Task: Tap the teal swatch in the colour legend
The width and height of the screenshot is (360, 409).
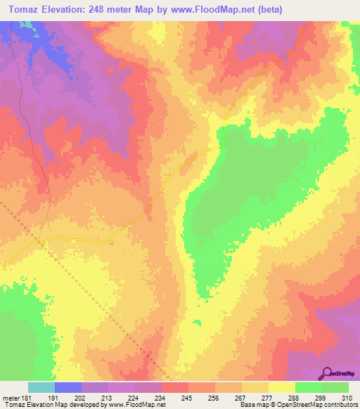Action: (41, 387)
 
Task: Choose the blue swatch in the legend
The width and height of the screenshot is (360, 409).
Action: (68, 387)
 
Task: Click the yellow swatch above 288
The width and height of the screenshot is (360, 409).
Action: (282, 387)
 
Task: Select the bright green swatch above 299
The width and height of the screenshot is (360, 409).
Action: (309, 387)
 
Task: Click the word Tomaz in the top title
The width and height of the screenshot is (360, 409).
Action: (20, 10)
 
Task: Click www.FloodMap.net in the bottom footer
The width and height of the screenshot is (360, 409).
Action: (138, 405)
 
